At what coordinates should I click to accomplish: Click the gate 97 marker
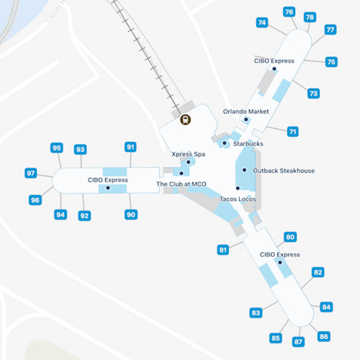tap(30, 173)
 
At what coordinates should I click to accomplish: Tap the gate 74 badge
tap(262, 23)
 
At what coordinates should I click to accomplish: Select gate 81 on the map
tap(223, 250)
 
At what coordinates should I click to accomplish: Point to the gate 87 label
tap(298, 342)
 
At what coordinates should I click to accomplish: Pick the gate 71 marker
tap(293, 131)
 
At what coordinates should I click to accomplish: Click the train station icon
tap(186, 119)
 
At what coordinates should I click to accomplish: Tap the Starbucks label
tap(248, 143)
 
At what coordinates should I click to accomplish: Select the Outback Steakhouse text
tap(283, 170)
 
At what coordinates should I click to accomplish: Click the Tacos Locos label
tap(237, 199)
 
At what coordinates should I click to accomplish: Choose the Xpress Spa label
tap(188, 154)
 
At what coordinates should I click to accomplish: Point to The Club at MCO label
tap(181, 184)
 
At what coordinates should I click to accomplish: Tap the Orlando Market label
tap(246, 111)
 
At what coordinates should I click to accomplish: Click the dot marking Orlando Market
tap(246, 119)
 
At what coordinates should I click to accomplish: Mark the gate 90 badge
tap(131, 214)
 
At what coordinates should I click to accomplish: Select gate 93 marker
tap(80, 150)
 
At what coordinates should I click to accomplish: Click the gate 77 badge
tap(330, 30)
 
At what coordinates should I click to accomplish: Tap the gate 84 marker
tap(326, 307)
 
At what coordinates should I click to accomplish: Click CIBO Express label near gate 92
tap(108, 180)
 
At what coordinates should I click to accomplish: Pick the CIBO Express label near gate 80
tap(280, 254)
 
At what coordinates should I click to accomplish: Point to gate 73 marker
tap(313, 93)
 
